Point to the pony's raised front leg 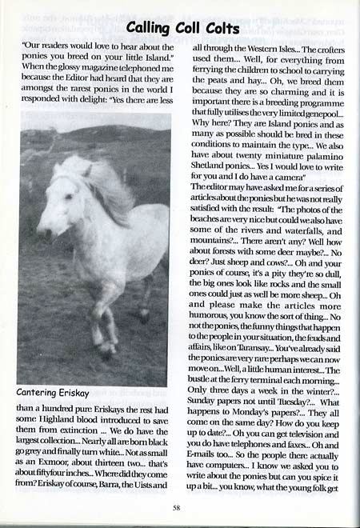pos(94,320)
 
